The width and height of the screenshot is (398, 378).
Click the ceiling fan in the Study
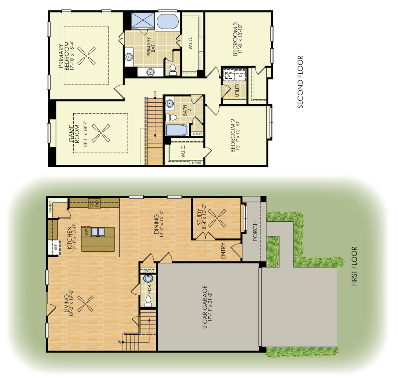pos(217,218)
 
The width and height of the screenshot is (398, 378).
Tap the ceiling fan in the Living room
pos(86,303)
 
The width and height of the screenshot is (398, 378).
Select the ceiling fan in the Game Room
pos(101,133)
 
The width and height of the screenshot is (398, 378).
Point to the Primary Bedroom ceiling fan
pos(86,56)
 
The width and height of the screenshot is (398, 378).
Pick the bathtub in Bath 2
pos(177,130)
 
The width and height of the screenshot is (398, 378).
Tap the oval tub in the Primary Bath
pos(168,22)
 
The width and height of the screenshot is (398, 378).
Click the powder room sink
pos(148,278)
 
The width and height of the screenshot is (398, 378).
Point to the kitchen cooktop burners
pos(94,204)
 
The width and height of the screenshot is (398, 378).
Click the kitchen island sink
pos(98,232)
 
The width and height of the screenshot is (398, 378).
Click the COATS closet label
pos(148,271)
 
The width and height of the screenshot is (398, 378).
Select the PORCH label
pos(255,231)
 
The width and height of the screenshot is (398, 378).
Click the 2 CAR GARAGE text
pos(205,307)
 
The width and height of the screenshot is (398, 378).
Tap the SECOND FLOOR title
pos(300,82)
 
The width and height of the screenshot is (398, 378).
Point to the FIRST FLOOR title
pos(354,266)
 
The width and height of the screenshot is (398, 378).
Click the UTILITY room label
pos(237,90)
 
